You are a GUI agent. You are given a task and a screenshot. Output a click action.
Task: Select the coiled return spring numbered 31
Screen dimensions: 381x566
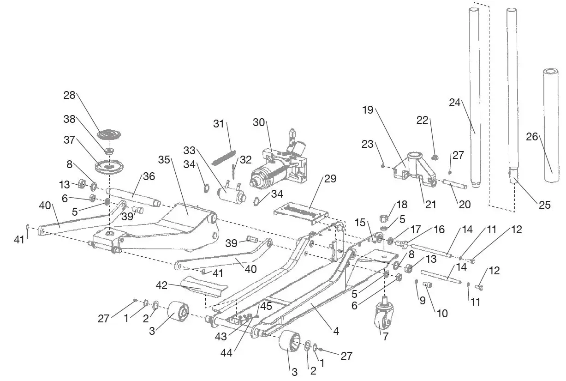pyautogui.click(x=224, y=157)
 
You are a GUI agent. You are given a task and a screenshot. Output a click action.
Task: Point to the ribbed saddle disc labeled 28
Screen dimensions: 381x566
pyautogui.click(x=109, y=135)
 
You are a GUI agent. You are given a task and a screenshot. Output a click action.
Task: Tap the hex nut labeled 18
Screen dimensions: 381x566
pyautogui.click(x=384, y=218)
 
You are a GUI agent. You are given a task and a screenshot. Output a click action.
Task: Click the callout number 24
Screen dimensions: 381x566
pyautogui.click(x=455, y=103)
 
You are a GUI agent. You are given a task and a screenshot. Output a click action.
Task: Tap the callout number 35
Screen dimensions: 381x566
pyautogui.click(x=164, y=160)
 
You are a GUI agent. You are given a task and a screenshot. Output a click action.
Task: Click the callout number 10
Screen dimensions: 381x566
pyautogui.click(x=442, y=314)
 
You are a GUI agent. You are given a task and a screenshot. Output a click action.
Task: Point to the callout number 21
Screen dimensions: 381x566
pyautogui.click(x=430, y=205)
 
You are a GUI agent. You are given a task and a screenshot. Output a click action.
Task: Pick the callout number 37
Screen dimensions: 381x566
pyautogui.click(x=69, y=139)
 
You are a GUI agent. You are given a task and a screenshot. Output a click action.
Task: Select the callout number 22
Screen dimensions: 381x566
pyautogui.click(x=423, y=121)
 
